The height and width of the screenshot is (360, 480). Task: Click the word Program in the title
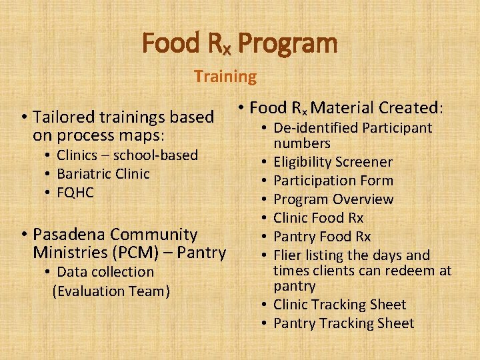[x=287, y=44]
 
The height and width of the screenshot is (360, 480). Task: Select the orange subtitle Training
[x=225, y=77]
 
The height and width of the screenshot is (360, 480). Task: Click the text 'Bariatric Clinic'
[x=103, y=174]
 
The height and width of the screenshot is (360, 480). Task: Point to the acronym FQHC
[x=75, y=193]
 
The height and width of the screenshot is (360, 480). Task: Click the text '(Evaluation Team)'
[x=111, y=291]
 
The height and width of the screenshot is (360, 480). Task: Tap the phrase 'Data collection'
[x=105, y=272]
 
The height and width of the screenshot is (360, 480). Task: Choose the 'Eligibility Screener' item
[x=333, y=162]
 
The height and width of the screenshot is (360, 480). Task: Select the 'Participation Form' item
[x=333, y=181]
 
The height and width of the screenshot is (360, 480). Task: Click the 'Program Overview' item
[x=333, y=199]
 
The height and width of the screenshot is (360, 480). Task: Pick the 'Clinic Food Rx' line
[x=318, y=218]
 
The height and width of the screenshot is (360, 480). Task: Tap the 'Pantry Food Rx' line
[x=322, y=237]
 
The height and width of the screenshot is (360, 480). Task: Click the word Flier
[x=287, y=255]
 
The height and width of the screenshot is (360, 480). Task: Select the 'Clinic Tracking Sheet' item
[x=339, y=305]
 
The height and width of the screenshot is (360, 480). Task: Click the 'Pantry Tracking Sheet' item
[x=343, y=323]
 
